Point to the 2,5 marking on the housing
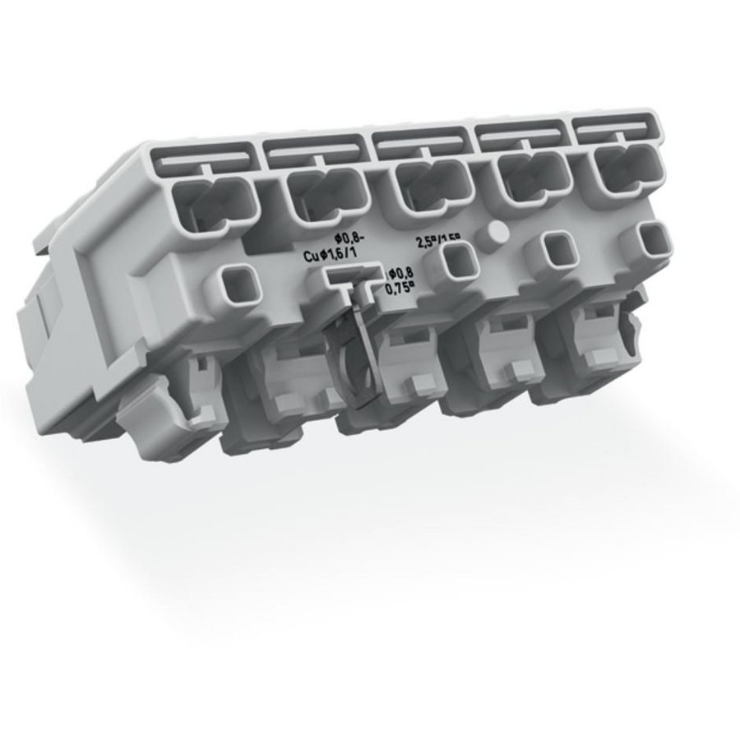(x=426, y=243)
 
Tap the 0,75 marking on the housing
(x=400, y=287)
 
